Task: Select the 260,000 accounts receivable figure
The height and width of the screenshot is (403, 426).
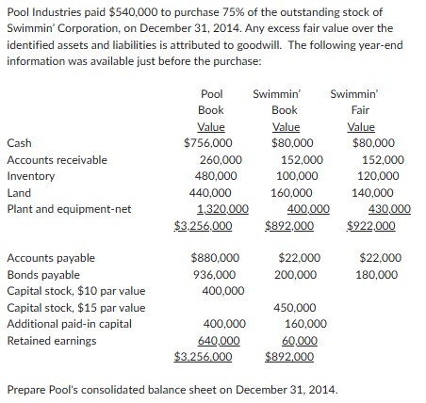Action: (217, 160)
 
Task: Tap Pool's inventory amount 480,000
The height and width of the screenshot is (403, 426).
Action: (217, 176)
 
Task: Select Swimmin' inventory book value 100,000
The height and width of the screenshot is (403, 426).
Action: (301, 176)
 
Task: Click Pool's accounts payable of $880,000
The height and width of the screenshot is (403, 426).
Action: (215, 257)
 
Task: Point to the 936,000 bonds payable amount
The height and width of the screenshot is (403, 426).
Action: (217, 273)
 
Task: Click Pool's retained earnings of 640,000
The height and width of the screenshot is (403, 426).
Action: (217, 339)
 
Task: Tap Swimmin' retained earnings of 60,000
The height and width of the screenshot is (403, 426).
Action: (299, 339)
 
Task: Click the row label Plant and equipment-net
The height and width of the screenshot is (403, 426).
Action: (69, 209)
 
